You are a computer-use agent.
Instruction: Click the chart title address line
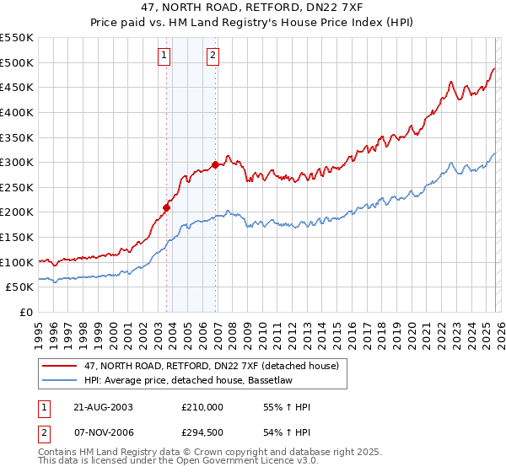click(253, 8)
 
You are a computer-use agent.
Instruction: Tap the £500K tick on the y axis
click(17, 62)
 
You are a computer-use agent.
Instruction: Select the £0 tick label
click(25, 313)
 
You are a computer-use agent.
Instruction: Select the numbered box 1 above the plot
click(164, 56)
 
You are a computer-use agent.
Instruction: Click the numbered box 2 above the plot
click(213, 56)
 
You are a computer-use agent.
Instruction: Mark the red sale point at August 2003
click(167, 206)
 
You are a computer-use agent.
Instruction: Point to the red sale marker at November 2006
click(215, 164)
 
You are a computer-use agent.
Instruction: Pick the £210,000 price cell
click(202, 407)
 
